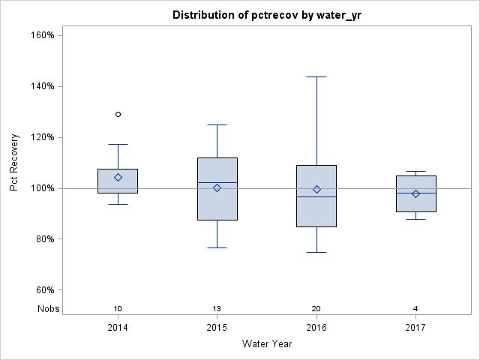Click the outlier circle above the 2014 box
118,114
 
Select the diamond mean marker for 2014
118,177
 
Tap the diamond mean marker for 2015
217,187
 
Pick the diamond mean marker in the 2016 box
316,189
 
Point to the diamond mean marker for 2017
415,193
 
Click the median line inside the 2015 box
217,182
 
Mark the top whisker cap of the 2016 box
316,76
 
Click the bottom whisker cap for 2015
217,247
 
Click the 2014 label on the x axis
118,328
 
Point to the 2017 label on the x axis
415,328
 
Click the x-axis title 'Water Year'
266,344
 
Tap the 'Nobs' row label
49,309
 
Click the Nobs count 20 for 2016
316,309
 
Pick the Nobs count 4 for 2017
415,309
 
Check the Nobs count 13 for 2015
217,309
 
